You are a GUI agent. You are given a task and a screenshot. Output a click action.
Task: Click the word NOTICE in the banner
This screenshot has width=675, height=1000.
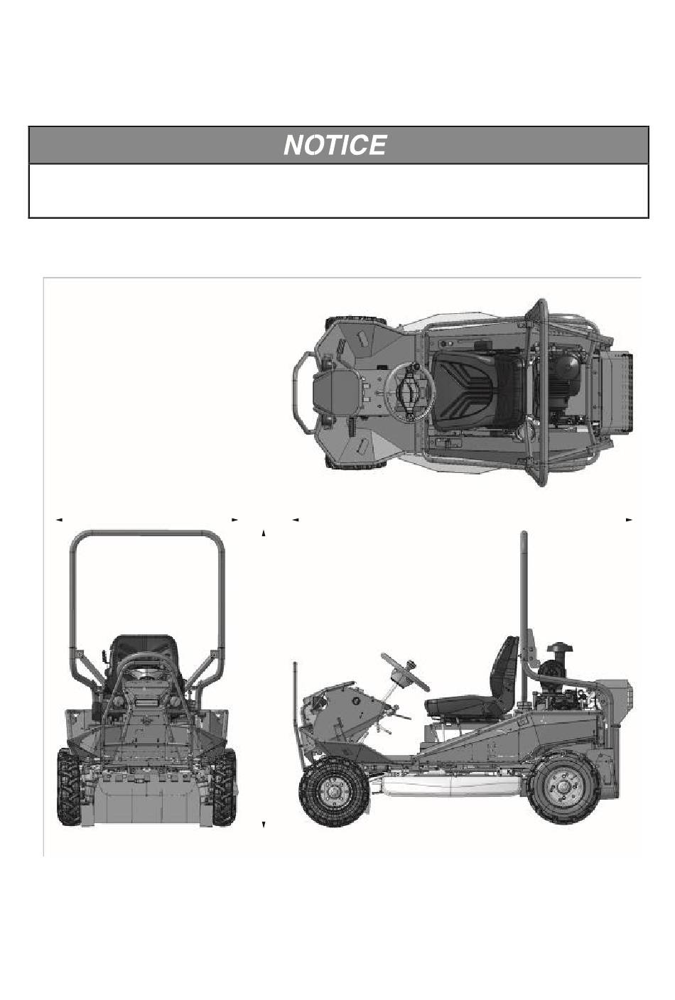[335, 145]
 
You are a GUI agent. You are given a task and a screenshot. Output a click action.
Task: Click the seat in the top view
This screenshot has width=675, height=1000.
[478, 390]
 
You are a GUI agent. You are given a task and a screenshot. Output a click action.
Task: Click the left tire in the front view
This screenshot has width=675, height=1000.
[69, 787]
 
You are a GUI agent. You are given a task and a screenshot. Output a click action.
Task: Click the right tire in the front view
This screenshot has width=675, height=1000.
[225, 787]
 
